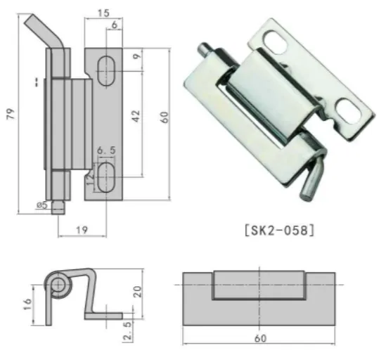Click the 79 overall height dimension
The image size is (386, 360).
point(11,114)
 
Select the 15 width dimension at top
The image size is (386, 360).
point(103,13)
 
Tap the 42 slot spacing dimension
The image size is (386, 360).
point(136,116)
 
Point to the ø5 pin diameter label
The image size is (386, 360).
point(41,205)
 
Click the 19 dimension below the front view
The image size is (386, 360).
point(82,230)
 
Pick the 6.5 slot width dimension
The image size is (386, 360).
point(106,150)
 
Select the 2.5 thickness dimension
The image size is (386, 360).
point(128,330)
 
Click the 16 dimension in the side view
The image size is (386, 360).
point(27,304)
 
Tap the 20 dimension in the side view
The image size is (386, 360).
point(137,292)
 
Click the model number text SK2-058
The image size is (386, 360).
point(280,231)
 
